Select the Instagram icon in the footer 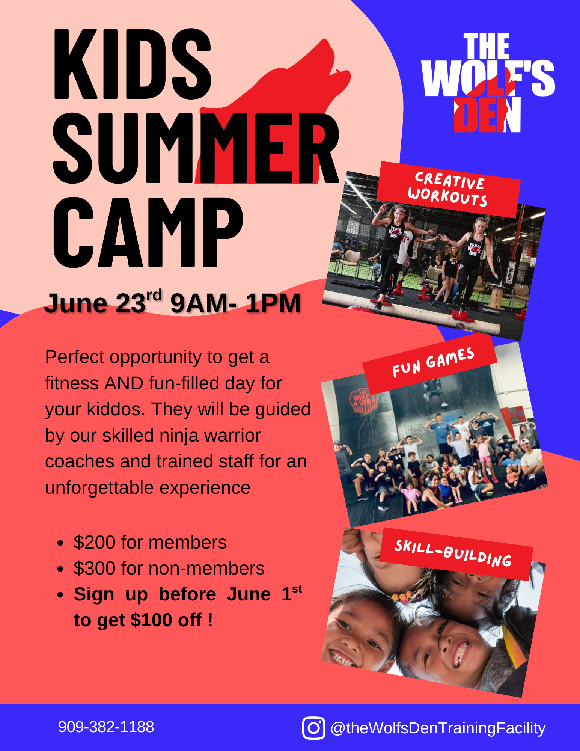click(x=313, y=728)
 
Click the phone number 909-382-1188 click(x=106, y=727)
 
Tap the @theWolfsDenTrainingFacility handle click(x=438, y=728)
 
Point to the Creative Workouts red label click(x=448, y=189)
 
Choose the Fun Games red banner click(x=430, y=363)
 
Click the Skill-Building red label click(x=456, y=554)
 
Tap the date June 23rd click(x=103, y=303)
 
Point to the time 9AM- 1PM click(x=235, y=303)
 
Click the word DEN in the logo click(x=487, y=115)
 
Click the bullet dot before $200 click(x=60, y=543)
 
